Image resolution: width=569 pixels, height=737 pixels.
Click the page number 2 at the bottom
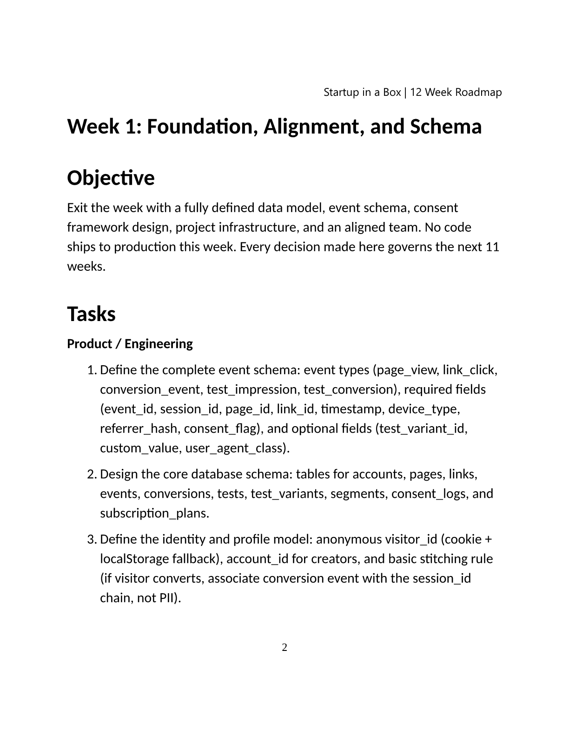284,647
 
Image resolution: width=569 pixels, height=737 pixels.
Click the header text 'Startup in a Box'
362,92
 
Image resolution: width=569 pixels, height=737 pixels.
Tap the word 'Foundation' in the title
202,127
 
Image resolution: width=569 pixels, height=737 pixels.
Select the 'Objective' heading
111,178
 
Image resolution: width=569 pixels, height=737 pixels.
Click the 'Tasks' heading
91,314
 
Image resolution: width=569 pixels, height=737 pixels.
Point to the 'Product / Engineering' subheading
130,344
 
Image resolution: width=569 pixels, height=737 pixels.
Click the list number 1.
91,370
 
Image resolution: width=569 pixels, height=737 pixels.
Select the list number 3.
91,540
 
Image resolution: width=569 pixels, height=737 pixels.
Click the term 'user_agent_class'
235,448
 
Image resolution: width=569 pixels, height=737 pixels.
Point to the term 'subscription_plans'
154,513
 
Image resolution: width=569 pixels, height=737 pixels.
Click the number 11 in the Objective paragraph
492,247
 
